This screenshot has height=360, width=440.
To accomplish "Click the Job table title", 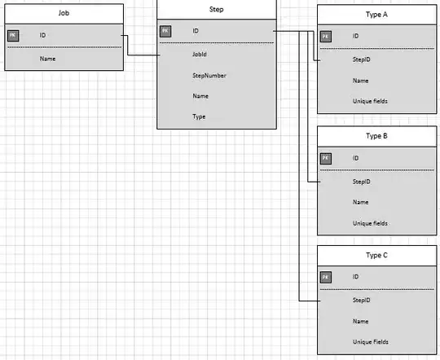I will point(64,14).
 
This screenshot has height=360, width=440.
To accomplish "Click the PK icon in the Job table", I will point(14,36).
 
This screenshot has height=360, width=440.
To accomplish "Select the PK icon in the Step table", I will point(165,31).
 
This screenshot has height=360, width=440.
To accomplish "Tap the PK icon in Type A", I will point(326,36).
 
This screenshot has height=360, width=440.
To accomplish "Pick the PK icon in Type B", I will point(326,157).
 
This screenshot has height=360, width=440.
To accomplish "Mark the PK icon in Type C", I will point(326,278).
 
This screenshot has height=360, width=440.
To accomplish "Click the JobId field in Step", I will point(200,55).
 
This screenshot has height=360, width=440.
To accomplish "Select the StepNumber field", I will point(209,76).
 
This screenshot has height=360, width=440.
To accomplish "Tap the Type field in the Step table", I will point(199,116).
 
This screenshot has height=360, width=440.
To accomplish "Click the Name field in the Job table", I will point(47,59).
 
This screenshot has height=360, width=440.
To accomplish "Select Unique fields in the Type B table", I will point(370,222).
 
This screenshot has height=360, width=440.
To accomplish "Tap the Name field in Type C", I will point(361,322).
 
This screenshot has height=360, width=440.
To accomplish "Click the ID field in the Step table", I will point(196,31).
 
